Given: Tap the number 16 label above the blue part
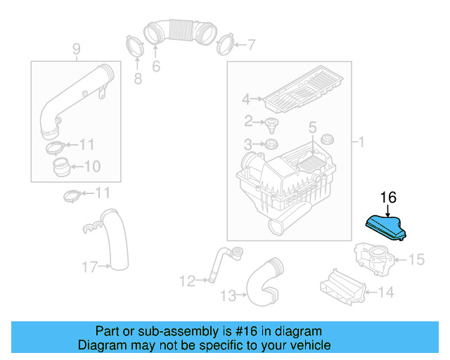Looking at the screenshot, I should click(388, 198).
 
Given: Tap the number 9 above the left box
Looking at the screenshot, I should click(76, 49).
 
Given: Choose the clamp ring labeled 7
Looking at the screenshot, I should click(224, 44).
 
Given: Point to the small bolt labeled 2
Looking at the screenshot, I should click(271, 124).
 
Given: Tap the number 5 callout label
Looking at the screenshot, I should click(312, 127).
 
